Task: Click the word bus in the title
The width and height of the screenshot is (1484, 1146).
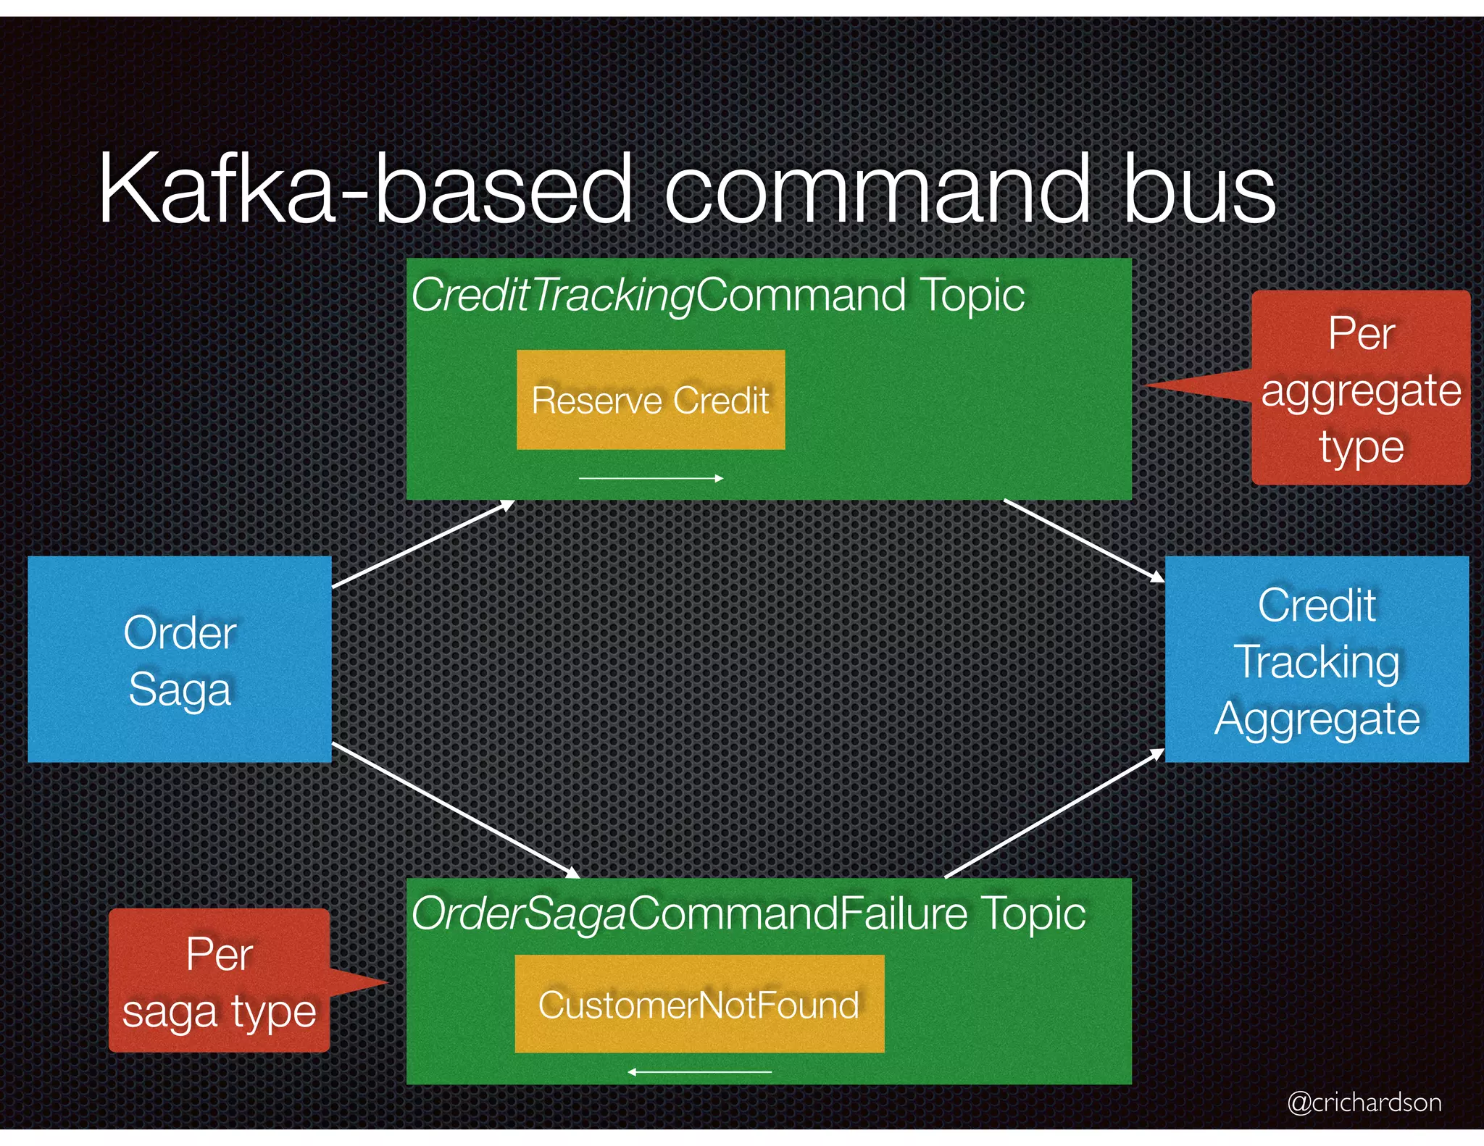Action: tap(1199, 190)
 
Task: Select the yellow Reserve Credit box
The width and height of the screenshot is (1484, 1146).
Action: tap(650, 400)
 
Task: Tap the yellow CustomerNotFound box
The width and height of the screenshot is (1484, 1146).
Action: tap(699, 1004)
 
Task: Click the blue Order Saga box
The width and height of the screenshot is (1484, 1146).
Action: tap(180, 659)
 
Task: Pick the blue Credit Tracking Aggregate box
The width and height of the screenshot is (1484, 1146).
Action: tap(1317, 659)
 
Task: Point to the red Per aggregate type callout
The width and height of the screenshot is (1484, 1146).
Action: tap(1361, 388)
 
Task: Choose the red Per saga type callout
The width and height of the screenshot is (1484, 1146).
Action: tap(219, 981)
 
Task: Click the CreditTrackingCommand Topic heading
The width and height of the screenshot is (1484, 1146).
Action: tap(717, 296)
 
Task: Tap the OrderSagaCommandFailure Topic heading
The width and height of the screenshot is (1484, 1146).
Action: tap(749, 913)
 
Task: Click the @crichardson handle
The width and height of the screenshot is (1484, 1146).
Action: tap(1364, 1102)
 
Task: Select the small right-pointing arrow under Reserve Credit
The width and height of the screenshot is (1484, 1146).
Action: tap(651, 478)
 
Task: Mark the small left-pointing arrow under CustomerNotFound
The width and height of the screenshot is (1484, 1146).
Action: tap(699, 1071)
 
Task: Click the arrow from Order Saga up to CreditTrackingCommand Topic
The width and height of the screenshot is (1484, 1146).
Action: tap(423, 543)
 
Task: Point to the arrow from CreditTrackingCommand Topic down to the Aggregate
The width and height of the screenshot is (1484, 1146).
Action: tap(1083, 540)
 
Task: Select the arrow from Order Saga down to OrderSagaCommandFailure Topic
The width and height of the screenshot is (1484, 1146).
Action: tap(455, 810)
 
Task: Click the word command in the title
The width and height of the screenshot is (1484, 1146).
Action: tap(877, 190)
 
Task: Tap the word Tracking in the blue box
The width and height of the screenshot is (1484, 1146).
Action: tap(1317, 662)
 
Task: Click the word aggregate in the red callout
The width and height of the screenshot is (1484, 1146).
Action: tap(1361, 391)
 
